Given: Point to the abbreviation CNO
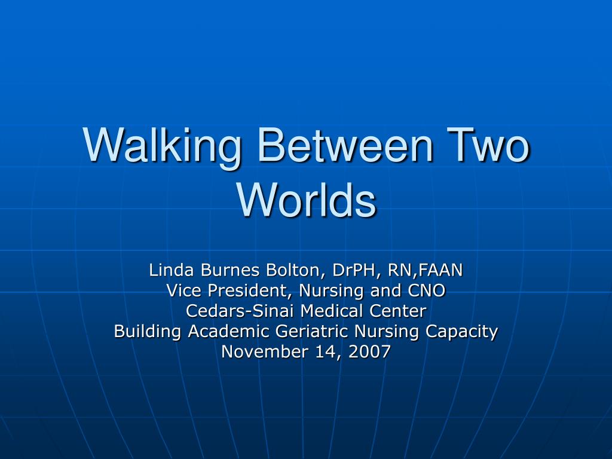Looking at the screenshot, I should [x=426, y=291].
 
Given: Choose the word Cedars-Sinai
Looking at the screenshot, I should [x=241, y=311].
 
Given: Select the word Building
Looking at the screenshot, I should [x=148, y=332].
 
